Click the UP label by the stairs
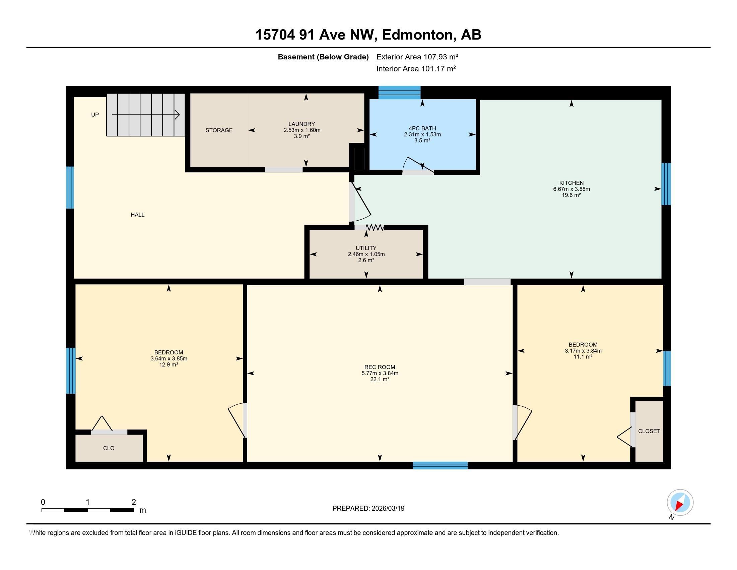point(95,115)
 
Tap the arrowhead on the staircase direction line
point(177,115)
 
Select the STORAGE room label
point(219,130)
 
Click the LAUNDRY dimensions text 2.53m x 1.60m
point(302,130)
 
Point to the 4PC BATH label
point(422,128)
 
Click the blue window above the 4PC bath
point(399,93)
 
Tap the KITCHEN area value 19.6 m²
point(571,195)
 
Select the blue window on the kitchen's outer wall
point(665,184)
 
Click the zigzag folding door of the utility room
point(375,228)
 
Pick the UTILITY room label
point(366,248)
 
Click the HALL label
point(137,215)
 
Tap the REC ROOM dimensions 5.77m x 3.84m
point(380,374)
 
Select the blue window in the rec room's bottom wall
point(440,466)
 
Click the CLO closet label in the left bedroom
point(109,448)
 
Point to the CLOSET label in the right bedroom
point(649,431)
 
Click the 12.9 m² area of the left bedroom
point(169,365)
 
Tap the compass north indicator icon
point(680,503)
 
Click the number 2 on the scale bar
point(134,502)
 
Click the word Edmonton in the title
point(417,35)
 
